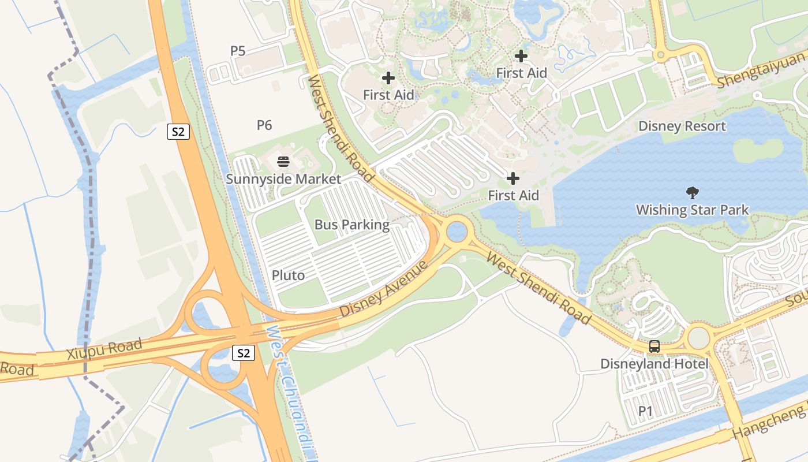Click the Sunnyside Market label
pyautogui.click(x=283, y=179)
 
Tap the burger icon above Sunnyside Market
pyautogui.click(x=283, y=162)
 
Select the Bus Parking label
pyautogui.click(x=352, y=225)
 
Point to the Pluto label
pyautogui.click(x=288, y=275)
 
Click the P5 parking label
pyautogui.click(x=238, y=51)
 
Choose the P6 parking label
pyautogui.click(x=264, y=125)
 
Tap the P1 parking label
pyautogui.click(x=645, y=411)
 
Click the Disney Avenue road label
pyautogui.click(x=384, y=289)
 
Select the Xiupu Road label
pyautogui.click(x=104, y=349)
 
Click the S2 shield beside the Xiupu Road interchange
pyautogui.click(x=244, y=353)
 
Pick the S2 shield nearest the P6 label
pyautogui.click(x=178, y=132)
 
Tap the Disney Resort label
pyautogui.click(x=682, y=126)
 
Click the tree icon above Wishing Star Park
pyautogui.click(x=693, y=193)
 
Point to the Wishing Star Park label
pyautogui.click(x=693, y=210)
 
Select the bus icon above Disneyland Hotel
pyautogui.click(x=654, y=346)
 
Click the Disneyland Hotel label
pyautogui.click(x=654, y=364)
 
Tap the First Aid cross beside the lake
pyautogui.click(x=513, y=178)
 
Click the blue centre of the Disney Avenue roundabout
pyautogui.click(x=457, y=232)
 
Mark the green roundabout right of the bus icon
pyautogui.click(x=698, y=338)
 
